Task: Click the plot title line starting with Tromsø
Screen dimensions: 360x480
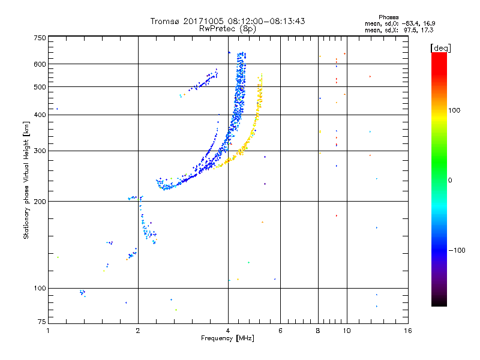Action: click(228, 21)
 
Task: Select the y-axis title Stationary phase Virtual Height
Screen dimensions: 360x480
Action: click(26, 180)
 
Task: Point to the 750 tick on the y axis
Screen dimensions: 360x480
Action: click(40, 38)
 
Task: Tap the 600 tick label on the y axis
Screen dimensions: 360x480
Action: click(40, 64)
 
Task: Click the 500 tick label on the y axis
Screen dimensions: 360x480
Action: click(40, 87)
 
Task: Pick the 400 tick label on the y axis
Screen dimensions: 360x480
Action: click(40, 115)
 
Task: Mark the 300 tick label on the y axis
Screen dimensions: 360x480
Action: click(40, 151)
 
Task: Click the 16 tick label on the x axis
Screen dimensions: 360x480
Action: click(407, 331)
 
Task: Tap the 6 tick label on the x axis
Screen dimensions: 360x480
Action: click(281, 331)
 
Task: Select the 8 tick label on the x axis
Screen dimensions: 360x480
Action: click(318, 331)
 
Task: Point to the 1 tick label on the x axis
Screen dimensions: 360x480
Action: click(48, 331)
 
